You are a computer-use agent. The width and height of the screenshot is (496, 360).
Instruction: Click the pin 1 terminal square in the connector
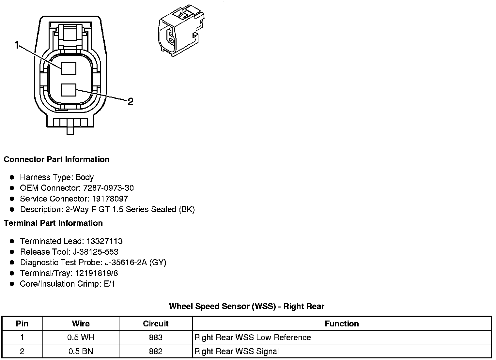[69, 68]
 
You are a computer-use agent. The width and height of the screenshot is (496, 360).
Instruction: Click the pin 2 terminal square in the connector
[69, 90]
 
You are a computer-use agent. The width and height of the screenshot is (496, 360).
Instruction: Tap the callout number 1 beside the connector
[17, 45]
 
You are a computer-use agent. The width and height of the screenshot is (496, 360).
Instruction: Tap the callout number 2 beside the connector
[130, 102]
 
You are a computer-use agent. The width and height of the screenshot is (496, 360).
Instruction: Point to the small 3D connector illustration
[180, 31]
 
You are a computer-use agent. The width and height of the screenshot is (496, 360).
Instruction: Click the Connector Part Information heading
[56, 159]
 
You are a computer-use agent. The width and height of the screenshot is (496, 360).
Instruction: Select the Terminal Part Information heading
[53, 223]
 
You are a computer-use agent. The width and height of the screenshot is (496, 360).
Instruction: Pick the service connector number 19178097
[110, 199]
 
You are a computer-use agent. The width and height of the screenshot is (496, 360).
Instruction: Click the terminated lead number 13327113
[104, 241]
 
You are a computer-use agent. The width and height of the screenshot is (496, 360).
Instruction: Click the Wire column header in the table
[81, 323]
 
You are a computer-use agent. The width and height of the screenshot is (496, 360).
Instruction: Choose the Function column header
[342, 323]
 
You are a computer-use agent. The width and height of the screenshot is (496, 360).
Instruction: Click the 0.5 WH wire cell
[81, 337]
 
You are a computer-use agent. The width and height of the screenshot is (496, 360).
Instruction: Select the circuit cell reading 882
[156, 351]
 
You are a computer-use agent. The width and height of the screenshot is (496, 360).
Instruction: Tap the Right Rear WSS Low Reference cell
[253, 337]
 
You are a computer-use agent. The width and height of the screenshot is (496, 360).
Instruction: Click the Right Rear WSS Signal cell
[237, 351]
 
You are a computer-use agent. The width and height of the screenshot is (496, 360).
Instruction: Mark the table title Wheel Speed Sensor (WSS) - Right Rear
[247, 306]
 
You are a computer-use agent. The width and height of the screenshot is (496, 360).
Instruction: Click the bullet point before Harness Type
[12, 177]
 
